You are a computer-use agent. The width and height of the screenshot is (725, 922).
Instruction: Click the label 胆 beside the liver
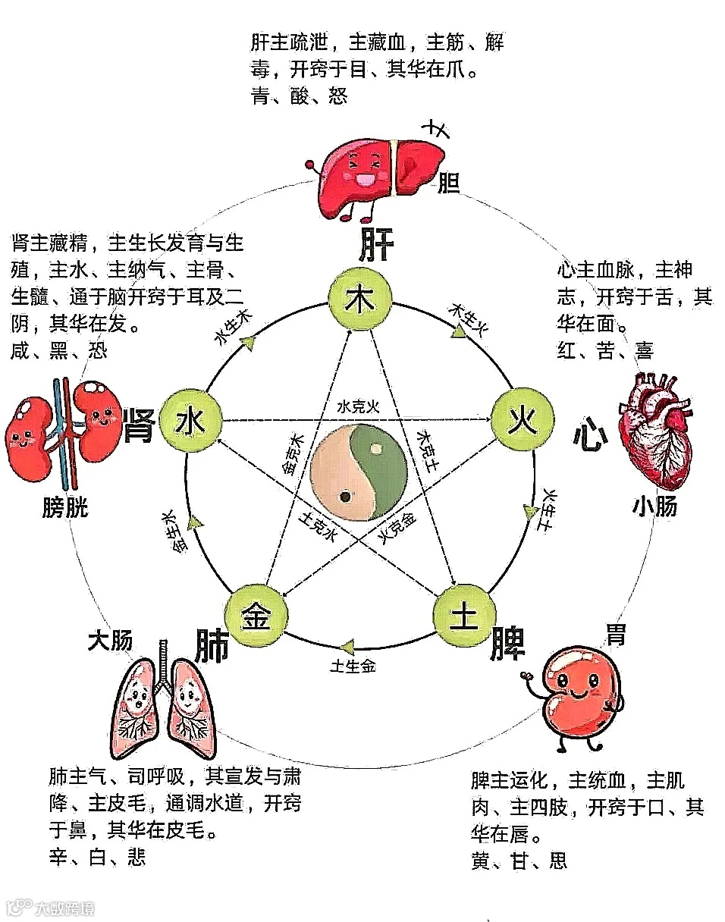(449, 183)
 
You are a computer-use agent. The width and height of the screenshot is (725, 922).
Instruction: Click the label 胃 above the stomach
(616, 634)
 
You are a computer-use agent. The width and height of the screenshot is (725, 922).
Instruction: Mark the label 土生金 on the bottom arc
(353, 666)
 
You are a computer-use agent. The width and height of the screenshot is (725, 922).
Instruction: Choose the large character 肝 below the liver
(376, 244)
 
